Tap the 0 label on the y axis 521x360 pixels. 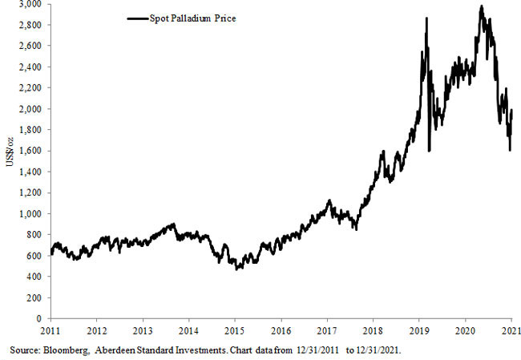[41, 318]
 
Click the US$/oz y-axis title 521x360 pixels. [9, 160]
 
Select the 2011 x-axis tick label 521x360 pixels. [50, 330]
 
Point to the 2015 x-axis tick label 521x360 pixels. [234, 330]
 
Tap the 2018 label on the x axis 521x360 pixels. [373, 330]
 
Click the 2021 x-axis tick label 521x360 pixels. [511, 330]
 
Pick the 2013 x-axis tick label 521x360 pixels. [142, 330]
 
